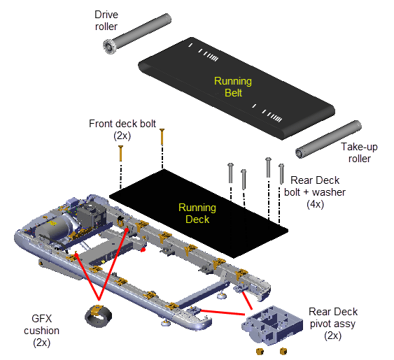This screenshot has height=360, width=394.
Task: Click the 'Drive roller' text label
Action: pos(107,21)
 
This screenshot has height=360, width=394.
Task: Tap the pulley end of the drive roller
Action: pos(109,47)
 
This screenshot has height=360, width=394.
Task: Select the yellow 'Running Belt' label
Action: pos(232,87)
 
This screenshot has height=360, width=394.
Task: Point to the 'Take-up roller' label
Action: pos(360,153)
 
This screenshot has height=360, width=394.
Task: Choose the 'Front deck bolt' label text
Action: pos(118,124)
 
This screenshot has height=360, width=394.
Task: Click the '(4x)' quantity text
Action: pos(315,204)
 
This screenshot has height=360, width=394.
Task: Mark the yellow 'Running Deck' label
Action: pos(197,213)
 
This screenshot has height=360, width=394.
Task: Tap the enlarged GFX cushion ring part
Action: pos(97,315)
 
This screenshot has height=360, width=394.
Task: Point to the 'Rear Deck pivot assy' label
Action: pos(333,317)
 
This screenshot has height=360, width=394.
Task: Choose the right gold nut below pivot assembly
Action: pos(283,350)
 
